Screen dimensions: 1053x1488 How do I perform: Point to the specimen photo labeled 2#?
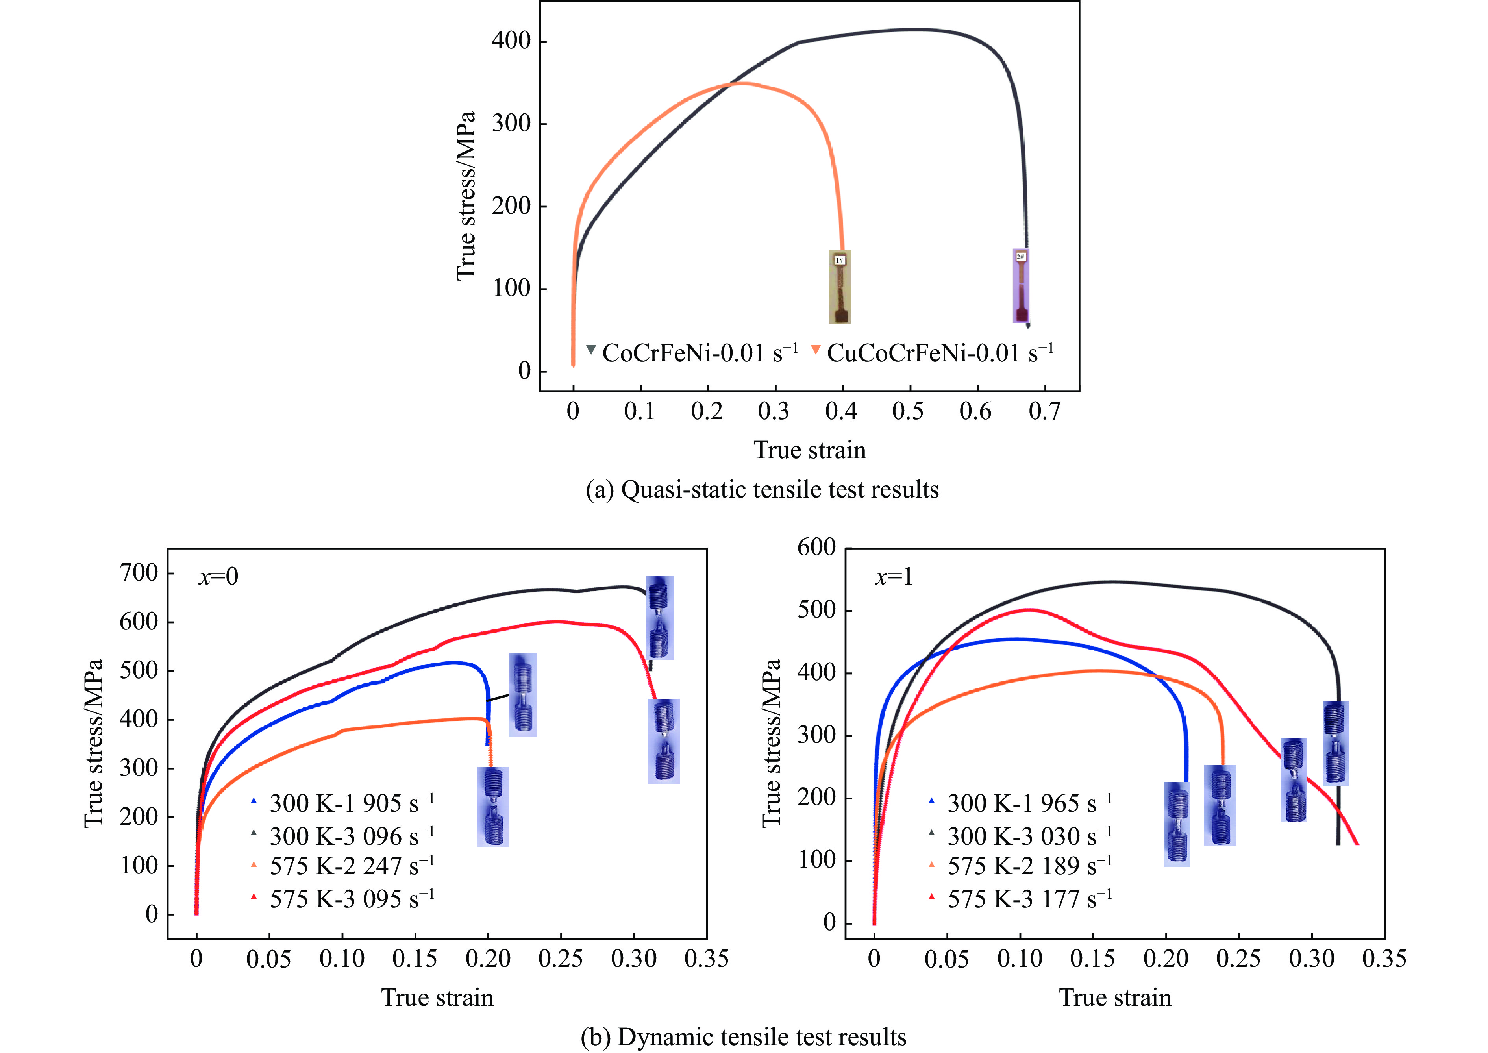1020,285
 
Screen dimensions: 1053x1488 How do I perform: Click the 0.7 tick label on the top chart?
1044,411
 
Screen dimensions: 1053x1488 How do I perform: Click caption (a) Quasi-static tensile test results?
762,490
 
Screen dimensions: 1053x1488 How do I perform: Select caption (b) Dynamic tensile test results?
744,1037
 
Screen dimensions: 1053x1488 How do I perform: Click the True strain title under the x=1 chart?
1115,997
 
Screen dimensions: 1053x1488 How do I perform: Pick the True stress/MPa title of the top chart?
466,196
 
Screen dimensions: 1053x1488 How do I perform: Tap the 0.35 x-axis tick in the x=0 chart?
706,959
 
